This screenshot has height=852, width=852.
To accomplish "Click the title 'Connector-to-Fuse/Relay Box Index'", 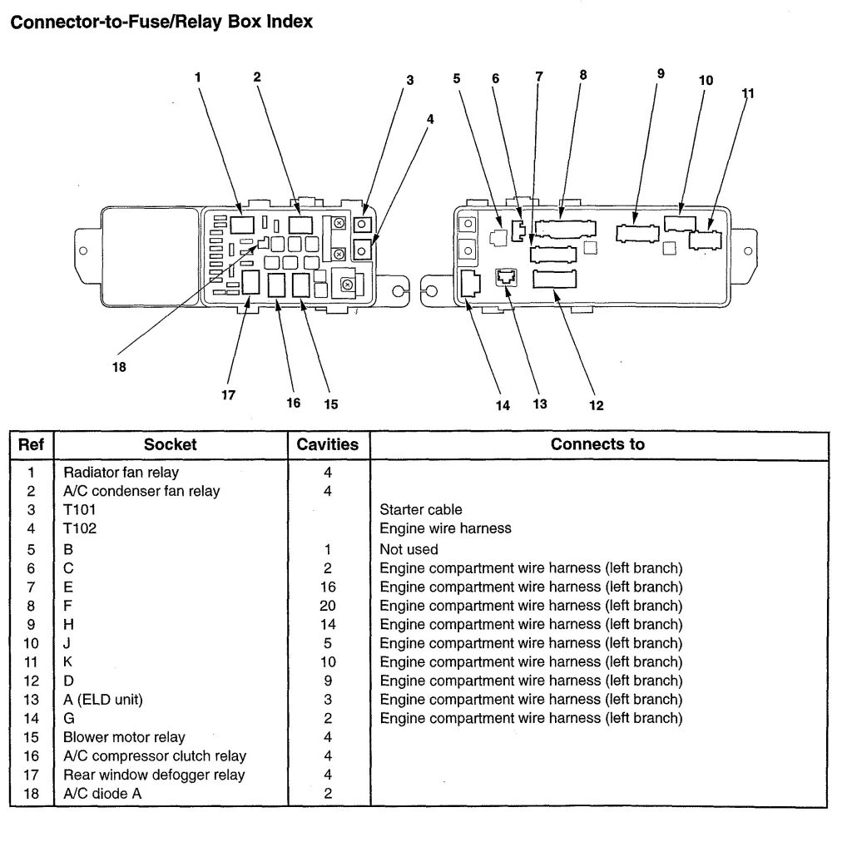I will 161,22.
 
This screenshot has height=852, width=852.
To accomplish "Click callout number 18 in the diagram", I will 120,367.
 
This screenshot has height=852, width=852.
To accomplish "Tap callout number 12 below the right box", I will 596,405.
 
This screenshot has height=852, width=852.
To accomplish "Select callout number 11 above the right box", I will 747,93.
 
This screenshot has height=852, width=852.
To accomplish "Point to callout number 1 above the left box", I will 198,77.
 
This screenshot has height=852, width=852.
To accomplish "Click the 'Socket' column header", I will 170,444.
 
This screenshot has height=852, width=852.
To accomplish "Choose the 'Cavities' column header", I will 328,444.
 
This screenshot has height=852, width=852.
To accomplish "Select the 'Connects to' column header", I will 597,444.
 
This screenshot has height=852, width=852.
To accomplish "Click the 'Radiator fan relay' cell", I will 121,472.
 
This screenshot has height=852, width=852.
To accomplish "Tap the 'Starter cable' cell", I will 421,509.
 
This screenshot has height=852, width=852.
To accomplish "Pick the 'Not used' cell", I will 409,549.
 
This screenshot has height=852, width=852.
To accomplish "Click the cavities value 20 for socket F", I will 328,606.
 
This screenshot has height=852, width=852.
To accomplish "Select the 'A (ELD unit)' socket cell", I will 103,700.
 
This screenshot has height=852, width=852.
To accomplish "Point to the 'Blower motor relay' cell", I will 124,737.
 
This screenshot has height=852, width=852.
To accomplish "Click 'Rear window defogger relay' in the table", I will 154,775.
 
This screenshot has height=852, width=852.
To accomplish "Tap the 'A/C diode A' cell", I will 102,794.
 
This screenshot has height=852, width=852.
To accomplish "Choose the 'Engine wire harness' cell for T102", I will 445,528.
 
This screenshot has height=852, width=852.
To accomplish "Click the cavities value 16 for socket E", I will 328,587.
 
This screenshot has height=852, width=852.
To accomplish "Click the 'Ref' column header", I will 31,444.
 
